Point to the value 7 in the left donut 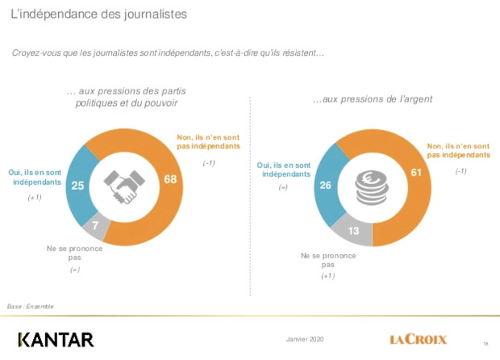95,225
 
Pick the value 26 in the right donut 324,186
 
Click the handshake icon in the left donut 123,187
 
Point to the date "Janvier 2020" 306,338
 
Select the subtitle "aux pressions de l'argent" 373,100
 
